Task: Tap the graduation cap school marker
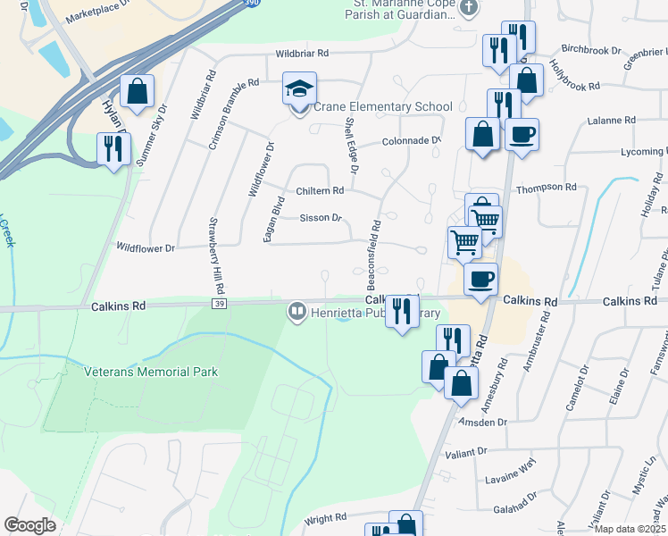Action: coord(299,88)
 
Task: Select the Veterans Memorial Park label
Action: coord(151,372)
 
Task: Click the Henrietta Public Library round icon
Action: coord(296,313)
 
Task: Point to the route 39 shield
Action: coord(219,305)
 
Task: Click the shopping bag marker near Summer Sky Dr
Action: coord(137,91)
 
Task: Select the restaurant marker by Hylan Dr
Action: coord(113,148)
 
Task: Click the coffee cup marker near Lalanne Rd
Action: coord(522,135)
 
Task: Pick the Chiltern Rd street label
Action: coord(321,191)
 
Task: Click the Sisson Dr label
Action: coord(321,217)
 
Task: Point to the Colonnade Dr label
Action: coord(412,141)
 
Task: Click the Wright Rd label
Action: coord(325,517)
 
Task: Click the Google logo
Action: coord(29,525)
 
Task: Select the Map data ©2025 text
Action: coord(630,529)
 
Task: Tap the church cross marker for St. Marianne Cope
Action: coord(470,8)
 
